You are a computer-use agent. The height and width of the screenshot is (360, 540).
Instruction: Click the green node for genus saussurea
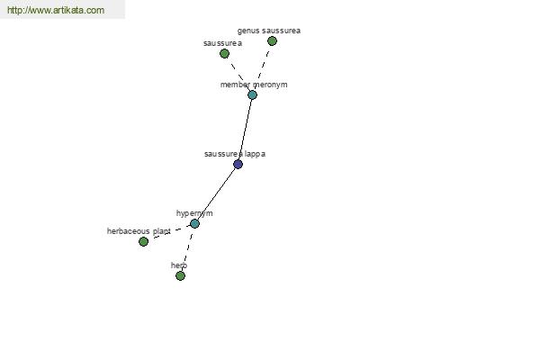click(x=272, y=41)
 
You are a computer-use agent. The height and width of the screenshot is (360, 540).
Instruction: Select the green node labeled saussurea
click(x=224, y=54)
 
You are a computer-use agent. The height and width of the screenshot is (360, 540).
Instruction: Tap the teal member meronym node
click(x=252, y=95)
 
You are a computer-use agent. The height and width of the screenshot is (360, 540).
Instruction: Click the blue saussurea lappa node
click(x=238, y=165)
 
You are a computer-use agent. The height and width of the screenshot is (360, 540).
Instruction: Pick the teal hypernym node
click(x=194, y=224)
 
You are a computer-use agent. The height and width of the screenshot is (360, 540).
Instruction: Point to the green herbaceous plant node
click(x=144, y=242)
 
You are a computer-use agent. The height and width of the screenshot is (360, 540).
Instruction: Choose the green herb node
click(x=181, y=276)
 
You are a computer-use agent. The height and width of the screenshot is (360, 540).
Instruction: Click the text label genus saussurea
click(x=268, y=31)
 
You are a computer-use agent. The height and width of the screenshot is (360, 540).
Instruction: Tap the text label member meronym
click(x=254, y=85)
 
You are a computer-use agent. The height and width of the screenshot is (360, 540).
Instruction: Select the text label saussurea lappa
click(x=235, y=154)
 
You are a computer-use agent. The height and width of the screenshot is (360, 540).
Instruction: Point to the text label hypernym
click(x=194, y=213)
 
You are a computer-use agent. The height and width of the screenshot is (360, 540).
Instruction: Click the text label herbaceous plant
click(x=139, y=231)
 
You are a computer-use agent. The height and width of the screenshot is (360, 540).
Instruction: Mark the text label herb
click(x=179, y=265)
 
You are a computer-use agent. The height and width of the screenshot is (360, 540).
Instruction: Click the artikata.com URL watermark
click(x=56, y=10)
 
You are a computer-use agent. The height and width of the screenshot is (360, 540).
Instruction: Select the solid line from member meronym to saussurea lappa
click(x=245, y=130)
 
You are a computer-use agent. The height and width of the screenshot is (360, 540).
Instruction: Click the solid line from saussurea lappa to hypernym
click(x=216, y=194)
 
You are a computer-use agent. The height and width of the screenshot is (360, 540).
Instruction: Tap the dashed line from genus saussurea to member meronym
click(x=263, y=67)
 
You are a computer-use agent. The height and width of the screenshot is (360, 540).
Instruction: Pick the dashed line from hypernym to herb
click(x=188, y=250)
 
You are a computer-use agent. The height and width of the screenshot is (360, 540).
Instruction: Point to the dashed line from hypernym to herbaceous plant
click(x=169, y=233)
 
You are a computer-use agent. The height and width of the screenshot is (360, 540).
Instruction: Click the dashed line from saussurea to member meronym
click(x=238, y=75)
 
